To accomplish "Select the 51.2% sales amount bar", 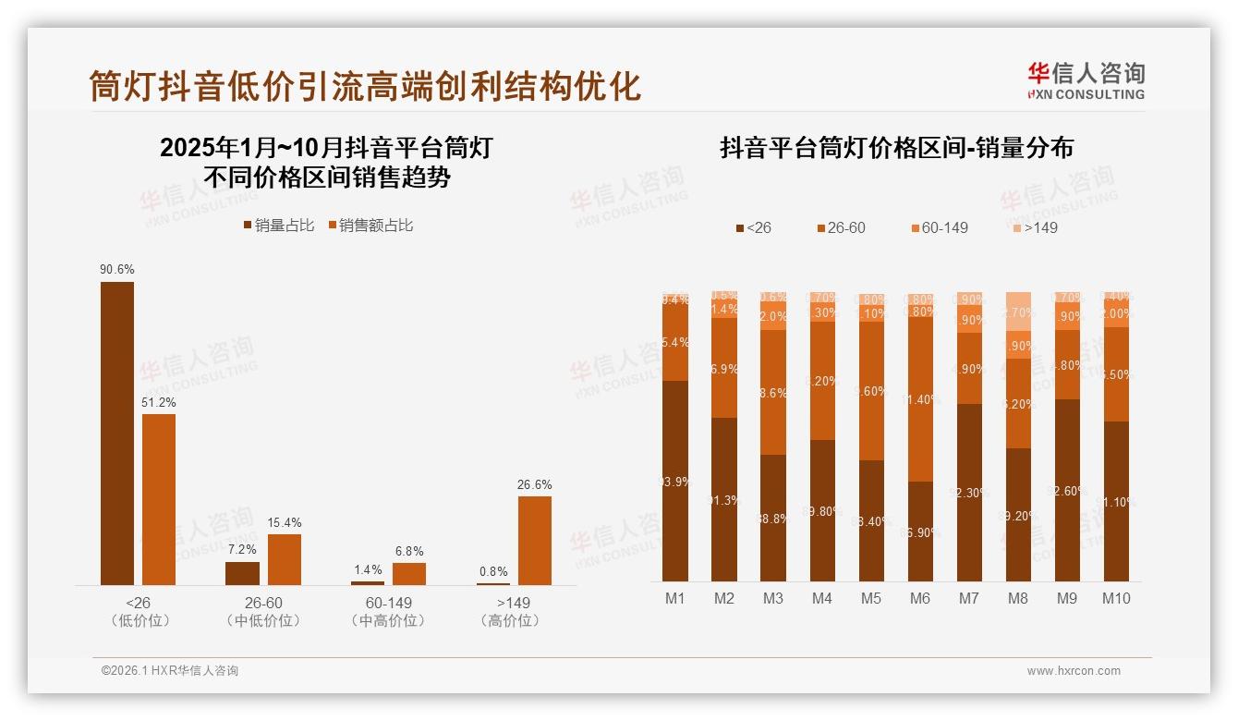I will tap(158, 499).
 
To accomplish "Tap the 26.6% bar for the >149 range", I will tap(535, 540).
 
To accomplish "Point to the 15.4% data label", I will tap(285, 523).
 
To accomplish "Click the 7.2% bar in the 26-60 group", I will tap(242, 573).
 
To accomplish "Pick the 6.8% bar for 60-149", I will tap(409, 573).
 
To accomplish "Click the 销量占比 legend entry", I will tap(279, 226).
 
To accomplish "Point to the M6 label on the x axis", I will tap(919, 599).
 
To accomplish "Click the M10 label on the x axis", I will tap(1115, 599).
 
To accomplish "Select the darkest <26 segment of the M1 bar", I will tap(675, 481).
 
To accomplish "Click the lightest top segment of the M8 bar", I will tap(1017, 312).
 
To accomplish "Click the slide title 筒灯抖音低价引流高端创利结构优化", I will tap(365, 86).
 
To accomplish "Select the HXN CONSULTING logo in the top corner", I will tap(1086, 80).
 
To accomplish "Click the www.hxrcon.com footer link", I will tap(1074, 671).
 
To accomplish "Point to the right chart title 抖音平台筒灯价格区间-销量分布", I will tap(896, 149).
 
